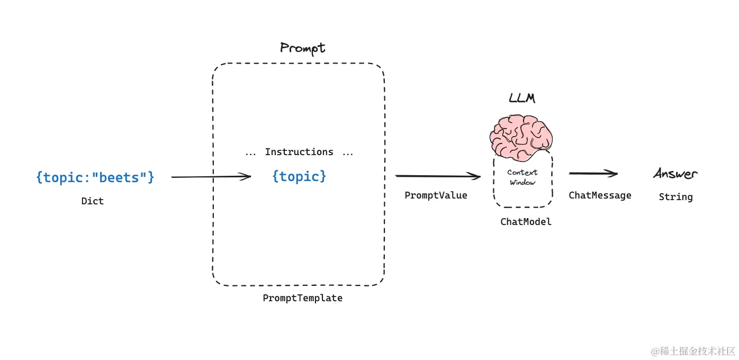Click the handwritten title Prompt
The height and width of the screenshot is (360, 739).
(x=302, y=49)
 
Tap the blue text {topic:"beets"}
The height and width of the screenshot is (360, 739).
(x=95, y=177)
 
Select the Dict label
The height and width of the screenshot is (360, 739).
(x=93, y=201)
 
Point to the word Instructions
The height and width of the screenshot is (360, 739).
(x=299, y=152)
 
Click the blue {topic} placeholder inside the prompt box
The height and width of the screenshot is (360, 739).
(x=299, y=176)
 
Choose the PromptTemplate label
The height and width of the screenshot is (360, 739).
(x=303, y=298)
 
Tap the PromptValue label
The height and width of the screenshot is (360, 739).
(x=436, y=195)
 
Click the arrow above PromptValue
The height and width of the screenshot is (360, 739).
(x=438, y=176)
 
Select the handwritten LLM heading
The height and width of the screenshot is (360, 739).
(x=522, y=99)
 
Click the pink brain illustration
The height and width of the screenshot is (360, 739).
(x=521, y=135)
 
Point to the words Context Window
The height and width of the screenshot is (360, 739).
(x=522, y=177)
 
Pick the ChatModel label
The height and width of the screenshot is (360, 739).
(x=526, y=222)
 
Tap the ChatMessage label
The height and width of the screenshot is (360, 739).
(x=600, y=195)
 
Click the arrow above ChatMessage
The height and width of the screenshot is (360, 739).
(x=593, y=173)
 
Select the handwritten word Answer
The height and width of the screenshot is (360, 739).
(x=675, y=174)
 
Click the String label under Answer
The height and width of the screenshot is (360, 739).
(x=675, y=197)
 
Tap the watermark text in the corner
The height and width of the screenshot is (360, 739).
(x=693, y=350)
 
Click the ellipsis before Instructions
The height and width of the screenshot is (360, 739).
(x=250, y=154)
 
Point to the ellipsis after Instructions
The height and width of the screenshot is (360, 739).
(x=348, y=154)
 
